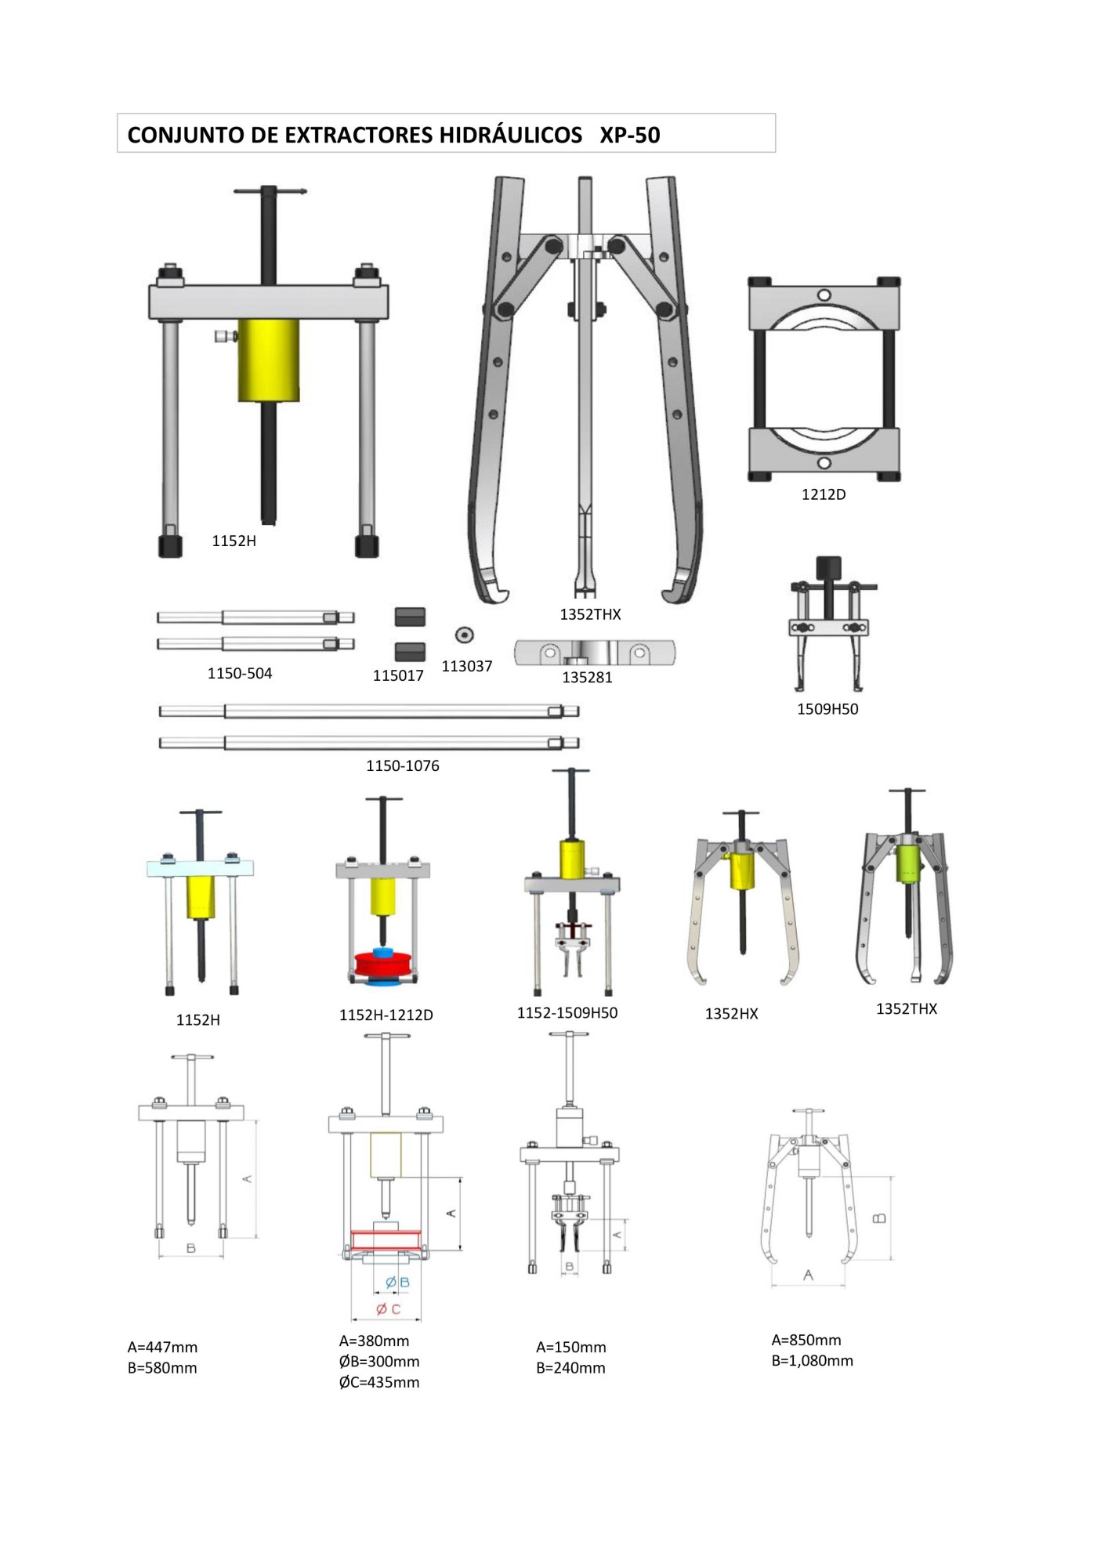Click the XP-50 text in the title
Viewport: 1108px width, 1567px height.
coord(629,135)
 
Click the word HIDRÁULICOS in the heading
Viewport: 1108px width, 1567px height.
coord(510,135)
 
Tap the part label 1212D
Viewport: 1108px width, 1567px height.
coord(823,494)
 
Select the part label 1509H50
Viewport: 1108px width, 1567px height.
coord(827,709)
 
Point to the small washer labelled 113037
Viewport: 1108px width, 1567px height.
coord(464,635)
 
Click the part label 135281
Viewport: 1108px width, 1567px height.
coord(587,678)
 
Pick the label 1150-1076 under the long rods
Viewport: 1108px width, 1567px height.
coord(402,765)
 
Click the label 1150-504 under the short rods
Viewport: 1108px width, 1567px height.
coord(239,674)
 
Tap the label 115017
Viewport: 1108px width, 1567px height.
coord(398,675)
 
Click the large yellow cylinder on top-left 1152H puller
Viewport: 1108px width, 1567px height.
coord(268,360)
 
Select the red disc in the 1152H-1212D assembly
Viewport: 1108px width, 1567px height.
coord(382,964)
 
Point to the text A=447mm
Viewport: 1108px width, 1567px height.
coord(162,1347)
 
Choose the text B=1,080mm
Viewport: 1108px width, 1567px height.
coord(812,1360)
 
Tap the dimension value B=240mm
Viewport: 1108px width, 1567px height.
coord(570,1368)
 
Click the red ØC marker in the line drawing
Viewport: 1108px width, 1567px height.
coord(389,1308)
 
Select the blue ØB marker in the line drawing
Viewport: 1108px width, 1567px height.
coord(397,1283)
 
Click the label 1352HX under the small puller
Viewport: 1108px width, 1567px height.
coord(731,1014)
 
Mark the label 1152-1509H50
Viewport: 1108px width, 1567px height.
coord(567,1012)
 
